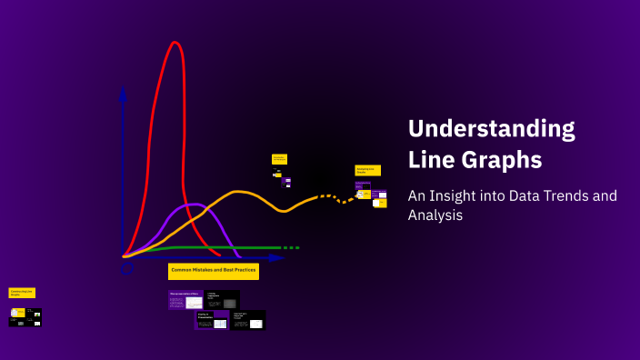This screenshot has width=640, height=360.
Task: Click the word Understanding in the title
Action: coord(491,128)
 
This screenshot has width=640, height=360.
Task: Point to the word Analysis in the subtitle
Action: coord(435,215)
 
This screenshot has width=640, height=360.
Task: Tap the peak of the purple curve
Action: coord(195,205)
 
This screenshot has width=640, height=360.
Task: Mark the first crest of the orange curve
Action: coord(238,192)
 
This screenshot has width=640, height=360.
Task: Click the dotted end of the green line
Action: coord(289,247)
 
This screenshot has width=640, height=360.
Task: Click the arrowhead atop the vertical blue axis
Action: coord(123,91)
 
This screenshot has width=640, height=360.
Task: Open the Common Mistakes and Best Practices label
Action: coord(214,271)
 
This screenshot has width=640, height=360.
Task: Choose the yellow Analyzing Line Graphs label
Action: coord(367,170)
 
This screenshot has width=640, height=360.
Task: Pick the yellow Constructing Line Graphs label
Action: coord(22,293)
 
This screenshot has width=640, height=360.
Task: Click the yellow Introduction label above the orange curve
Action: coord(279,159)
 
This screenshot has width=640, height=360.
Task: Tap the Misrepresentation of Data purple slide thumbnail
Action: coord(185,300)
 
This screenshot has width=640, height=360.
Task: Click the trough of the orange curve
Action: coord(284,211)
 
